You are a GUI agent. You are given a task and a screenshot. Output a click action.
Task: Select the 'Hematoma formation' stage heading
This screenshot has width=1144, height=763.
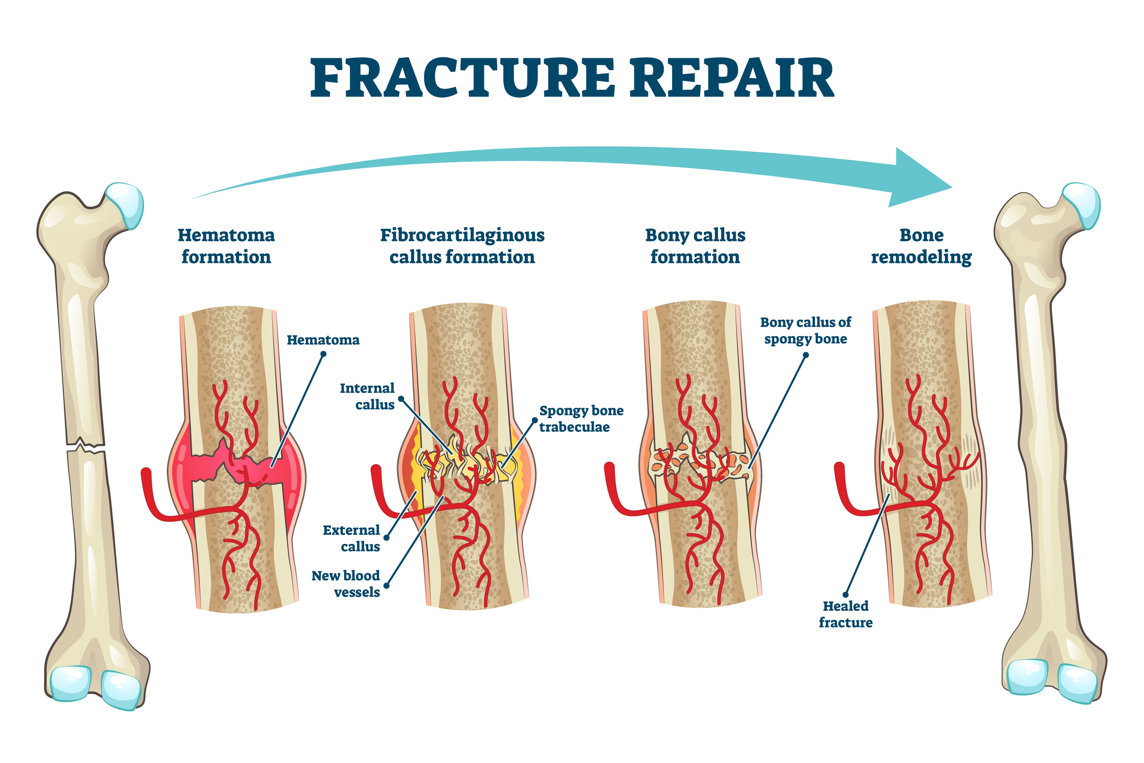coord(226,246)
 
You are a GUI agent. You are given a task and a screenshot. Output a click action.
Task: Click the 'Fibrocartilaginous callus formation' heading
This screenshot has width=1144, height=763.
coord(462,246)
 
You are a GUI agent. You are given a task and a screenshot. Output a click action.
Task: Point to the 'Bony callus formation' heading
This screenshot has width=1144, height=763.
coord(695,246)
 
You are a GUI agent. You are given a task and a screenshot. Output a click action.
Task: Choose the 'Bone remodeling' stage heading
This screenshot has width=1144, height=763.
coord(921,246)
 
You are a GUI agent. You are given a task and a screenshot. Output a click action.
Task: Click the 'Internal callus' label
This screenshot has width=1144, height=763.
coord(367,397)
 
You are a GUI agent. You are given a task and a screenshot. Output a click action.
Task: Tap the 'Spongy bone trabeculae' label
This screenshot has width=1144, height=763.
coord(581,419)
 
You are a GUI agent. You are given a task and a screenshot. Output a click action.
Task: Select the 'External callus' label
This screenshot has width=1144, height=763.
coord(352,539)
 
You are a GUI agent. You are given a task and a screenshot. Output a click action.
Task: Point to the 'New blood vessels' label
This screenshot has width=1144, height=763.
coord(346,584)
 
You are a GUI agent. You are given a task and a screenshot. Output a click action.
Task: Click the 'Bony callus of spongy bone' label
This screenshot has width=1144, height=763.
coord(805,331)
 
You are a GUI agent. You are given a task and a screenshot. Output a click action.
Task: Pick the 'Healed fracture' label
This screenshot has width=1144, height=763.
coord(845,614)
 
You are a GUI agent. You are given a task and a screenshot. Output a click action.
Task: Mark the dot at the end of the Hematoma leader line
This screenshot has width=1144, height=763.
coord(324,355)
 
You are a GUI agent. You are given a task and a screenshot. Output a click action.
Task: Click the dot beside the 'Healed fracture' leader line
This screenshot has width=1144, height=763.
coord(846,595)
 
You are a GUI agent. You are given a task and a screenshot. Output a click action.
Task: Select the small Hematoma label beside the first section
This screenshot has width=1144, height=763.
coord(323,340)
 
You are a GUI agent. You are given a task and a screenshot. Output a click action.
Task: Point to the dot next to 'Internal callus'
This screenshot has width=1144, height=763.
coord(401,399)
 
